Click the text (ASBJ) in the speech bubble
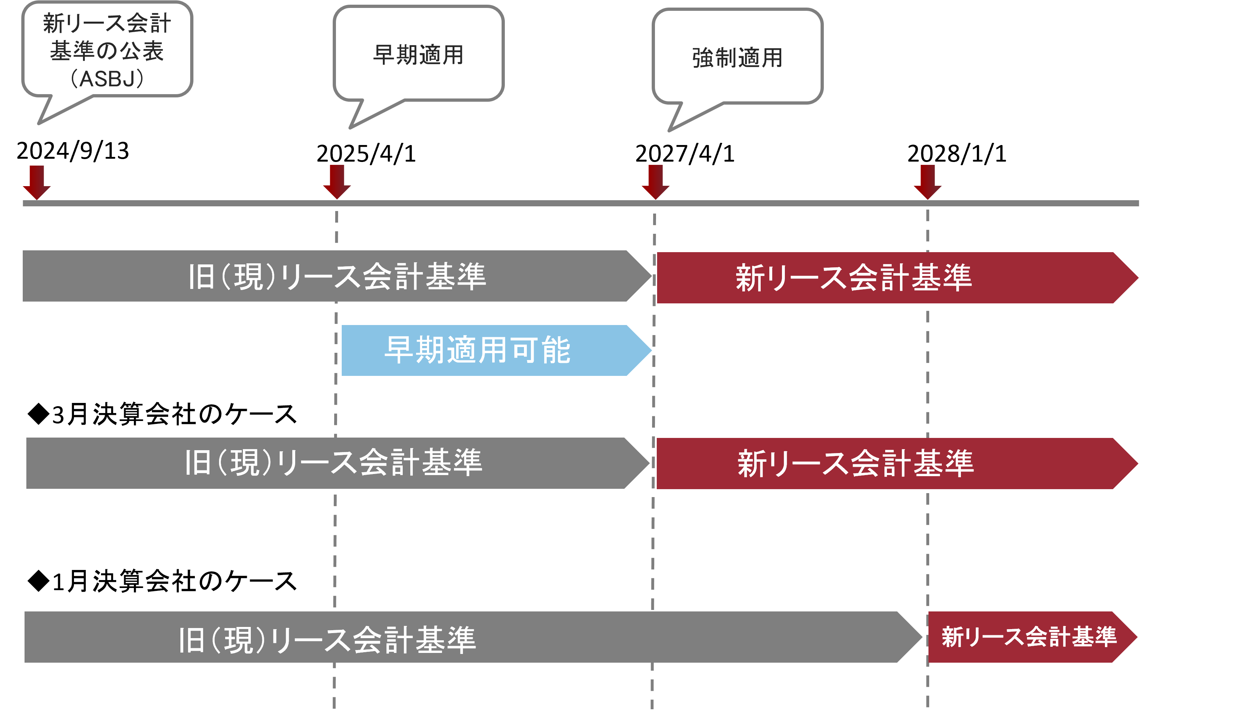[x=108, y=79]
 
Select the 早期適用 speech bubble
[x=419, y=54]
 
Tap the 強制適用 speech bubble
[x=738, y=57]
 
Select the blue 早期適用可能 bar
[x=488, y=350]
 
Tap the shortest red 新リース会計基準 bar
[x=1026, y=637]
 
